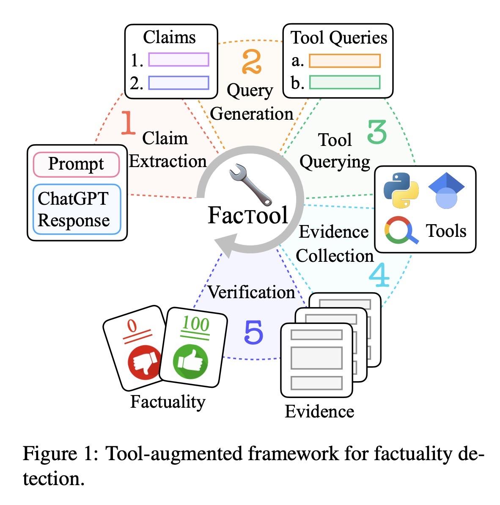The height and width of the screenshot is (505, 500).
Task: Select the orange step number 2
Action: click(252, 63)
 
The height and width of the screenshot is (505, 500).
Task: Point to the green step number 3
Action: click(376, 132)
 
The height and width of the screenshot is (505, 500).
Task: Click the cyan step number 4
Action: click(379, 276)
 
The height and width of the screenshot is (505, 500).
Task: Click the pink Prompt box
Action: click(76, 164)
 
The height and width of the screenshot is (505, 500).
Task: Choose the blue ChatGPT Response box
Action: click(76, 209)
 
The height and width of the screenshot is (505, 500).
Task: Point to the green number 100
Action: click(195, 325)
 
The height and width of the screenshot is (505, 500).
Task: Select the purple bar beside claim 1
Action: click(179, 60)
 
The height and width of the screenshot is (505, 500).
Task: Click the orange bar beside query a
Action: click(344, 61)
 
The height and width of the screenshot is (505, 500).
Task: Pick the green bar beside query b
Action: click(344, 82)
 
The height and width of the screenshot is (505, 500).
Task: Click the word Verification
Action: click(251, 292)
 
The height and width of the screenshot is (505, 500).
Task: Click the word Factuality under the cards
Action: click(168, 401)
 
